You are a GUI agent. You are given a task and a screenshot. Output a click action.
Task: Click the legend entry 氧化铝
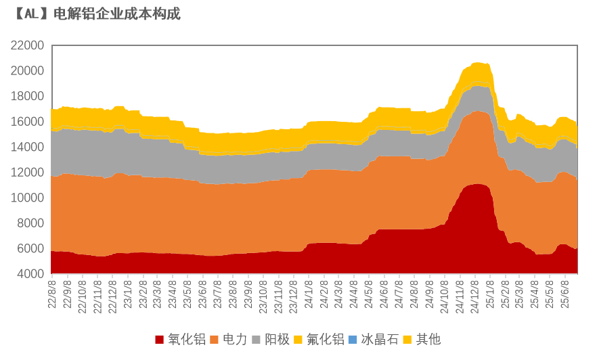tap(187, 339)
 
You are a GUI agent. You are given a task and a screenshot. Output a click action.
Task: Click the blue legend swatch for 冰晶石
tap(352, 340)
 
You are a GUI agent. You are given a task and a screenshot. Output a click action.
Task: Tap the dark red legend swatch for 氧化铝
tap(160, 340)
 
